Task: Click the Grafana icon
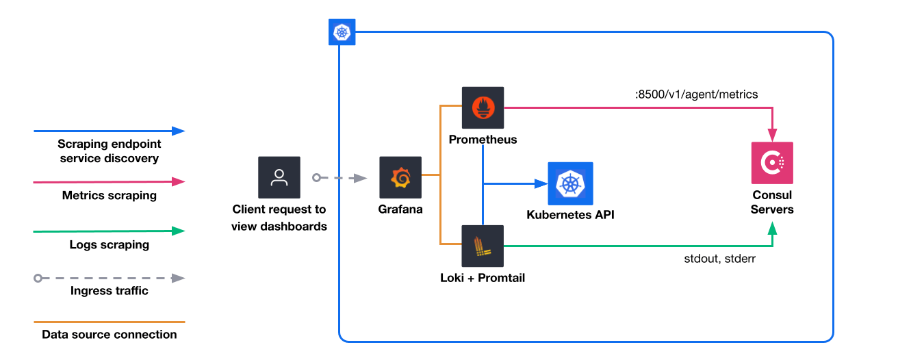tap(400, 177)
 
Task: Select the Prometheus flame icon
tap(483, 107)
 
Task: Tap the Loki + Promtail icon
tap(483, 246)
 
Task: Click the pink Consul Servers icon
tap(772, 163)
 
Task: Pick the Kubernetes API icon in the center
tap(570, 183)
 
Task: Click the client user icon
tap(279, 177)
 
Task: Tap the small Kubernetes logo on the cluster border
tap(340, 32)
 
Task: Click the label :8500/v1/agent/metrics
tap(696, 94)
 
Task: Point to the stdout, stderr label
tap(719, 259)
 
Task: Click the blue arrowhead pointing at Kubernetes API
tap(541, 183)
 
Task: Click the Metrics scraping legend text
tap(110, 195)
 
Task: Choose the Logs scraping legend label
tap(110, 244)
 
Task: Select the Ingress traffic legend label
tap(110, 290)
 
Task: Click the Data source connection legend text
tap(110, 335)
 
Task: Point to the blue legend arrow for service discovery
tap(110, 130)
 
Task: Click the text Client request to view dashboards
tap(279, 218)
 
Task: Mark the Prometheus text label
tap(483, 140)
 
